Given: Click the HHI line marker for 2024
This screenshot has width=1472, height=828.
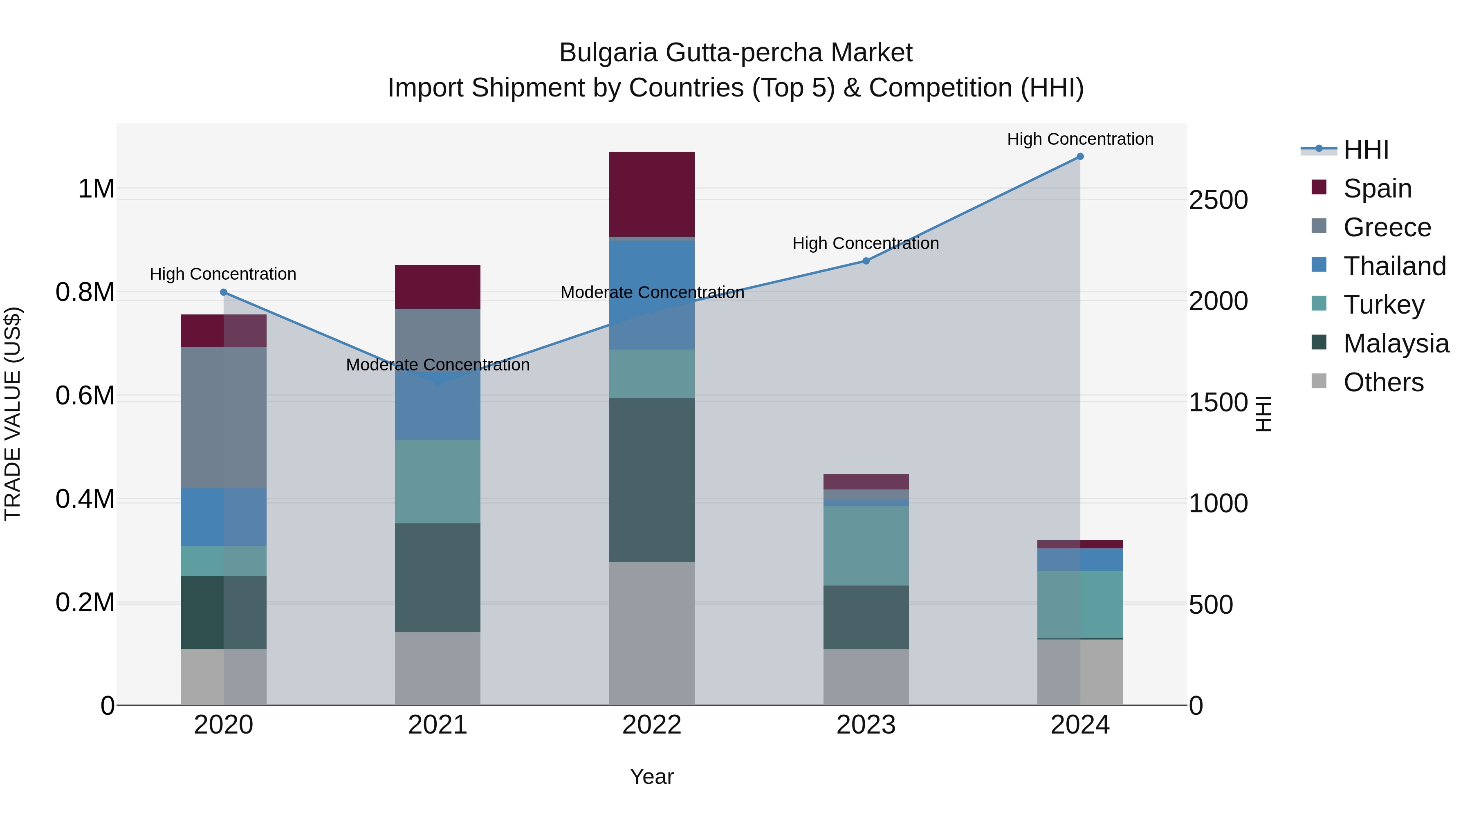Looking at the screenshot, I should (1079, 157).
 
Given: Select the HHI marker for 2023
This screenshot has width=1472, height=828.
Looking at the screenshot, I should (865, 260).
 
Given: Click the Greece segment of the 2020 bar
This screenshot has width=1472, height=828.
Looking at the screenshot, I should (223, 417).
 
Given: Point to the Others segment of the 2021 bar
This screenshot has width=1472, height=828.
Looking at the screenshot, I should (437, 669).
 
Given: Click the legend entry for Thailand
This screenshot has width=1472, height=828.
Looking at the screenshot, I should (1394, 266).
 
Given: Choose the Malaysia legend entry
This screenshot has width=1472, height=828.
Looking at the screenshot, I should (1396, 343).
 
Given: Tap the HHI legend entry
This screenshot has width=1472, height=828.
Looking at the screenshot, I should (1366, 150).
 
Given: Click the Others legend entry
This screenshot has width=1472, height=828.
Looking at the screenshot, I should (1383, 382).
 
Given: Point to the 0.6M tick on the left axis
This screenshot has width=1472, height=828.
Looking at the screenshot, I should (85, 395).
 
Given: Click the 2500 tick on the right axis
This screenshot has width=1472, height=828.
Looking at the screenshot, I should (1218, 201).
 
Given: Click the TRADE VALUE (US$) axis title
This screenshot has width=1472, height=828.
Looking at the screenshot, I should (13, 414).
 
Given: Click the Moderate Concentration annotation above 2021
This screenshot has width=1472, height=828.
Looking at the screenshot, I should (438, 365).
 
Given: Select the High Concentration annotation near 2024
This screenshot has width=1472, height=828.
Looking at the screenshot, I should (1079, 139).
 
